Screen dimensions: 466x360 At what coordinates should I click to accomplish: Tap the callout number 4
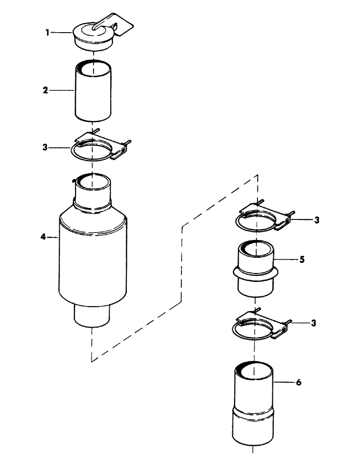pos(42,237)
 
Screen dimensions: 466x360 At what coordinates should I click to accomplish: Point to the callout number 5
pos(302,260)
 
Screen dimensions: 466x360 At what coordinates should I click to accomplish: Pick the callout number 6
pos(298,383)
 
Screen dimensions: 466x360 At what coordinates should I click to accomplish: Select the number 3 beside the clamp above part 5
pos(316,220)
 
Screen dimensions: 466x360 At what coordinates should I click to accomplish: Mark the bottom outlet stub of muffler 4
pos(92,317)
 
